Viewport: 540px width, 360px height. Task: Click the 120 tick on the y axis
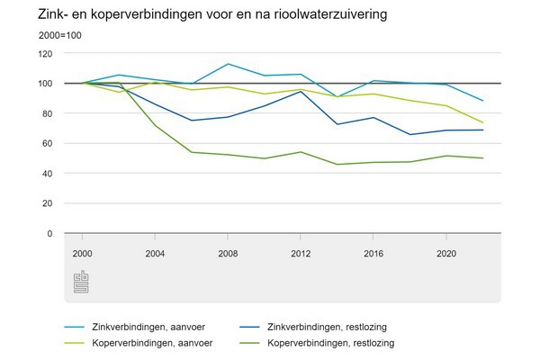(45, 53)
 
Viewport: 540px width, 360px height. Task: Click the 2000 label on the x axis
(85, 253)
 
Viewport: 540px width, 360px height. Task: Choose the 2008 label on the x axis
(227, 253)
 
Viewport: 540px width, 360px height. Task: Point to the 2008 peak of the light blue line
(227, 64)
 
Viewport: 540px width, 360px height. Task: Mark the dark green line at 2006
(192, 152)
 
